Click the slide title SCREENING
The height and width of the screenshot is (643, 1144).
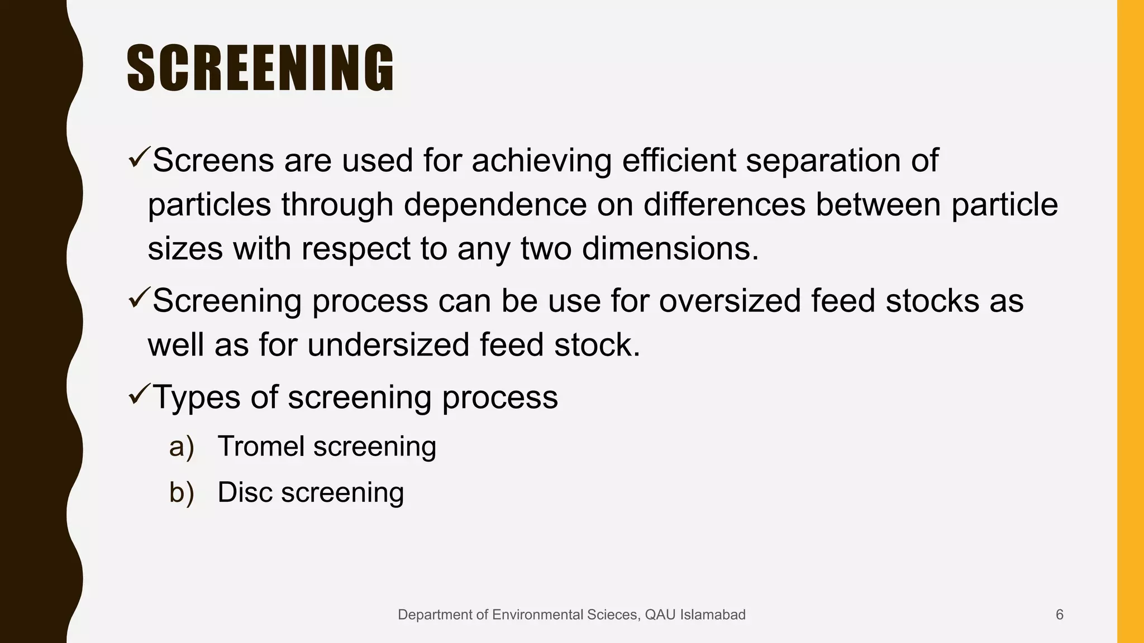[260, 68]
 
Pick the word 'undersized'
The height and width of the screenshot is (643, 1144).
[388, 344]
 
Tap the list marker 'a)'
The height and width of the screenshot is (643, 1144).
[182, 447]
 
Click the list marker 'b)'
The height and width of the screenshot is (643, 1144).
[182, 493]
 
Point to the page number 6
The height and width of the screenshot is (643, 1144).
[1059, 615]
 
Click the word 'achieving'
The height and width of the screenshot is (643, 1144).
[541, 161]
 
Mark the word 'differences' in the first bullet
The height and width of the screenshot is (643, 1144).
[724, 204]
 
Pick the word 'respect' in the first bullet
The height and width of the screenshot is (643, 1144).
[356, 248]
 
